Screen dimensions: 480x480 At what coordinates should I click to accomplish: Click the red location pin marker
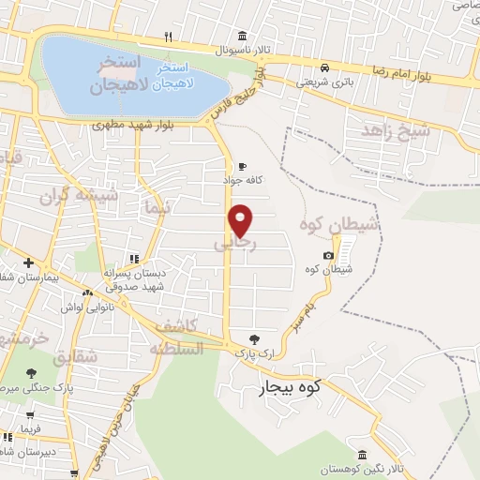click(x=241, y=220)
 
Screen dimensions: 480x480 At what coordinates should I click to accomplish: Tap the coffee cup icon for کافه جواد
click(x=244, y=164)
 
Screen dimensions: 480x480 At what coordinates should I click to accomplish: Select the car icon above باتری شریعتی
click(x=323, y=67)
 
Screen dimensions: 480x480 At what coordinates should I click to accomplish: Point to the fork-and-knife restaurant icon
click(x=168, y=37)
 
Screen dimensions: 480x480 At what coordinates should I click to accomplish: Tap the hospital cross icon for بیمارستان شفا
click(x=28, y=263)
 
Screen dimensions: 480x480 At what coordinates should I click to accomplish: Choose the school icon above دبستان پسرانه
click(x=135, y=259)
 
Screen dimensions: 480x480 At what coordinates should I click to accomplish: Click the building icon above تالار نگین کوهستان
click(x=363, y=455)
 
